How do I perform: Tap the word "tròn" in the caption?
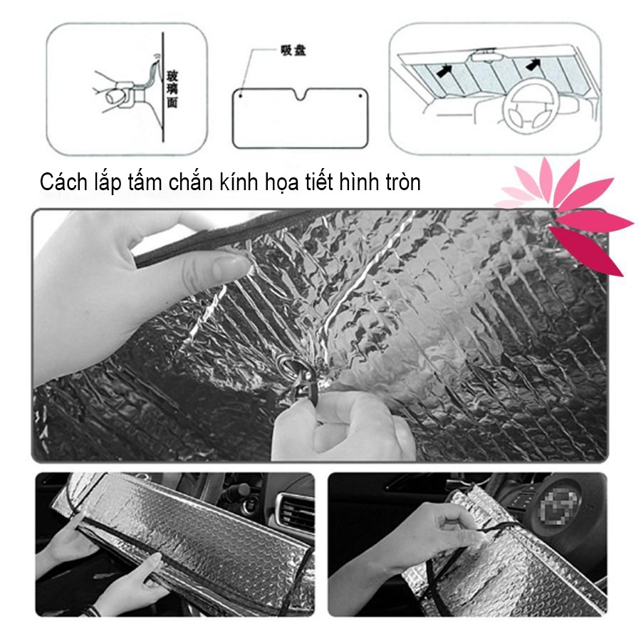pyautogui.click(x=401, y=182)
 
